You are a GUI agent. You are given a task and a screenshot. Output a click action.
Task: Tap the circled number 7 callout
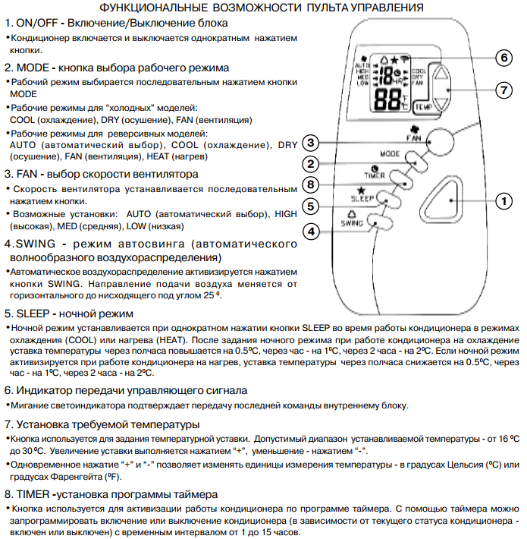[x=502, y=90]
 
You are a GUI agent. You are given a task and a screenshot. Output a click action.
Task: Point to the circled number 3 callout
[x=311, y=143]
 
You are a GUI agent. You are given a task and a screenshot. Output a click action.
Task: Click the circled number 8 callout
[x=311, y=184]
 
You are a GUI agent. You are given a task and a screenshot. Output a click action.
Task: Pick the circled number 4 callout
[x=311, y=232]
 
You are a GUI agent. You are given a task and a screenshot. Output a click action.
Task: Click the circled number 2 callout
[x=311, y=164]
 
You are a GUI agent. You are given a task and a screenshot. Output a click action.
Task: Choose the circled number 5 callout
[x=311, y=206]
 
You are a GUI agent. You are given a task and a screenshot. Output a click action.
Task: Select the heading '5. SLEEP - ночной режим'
[x=70, y=313]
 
